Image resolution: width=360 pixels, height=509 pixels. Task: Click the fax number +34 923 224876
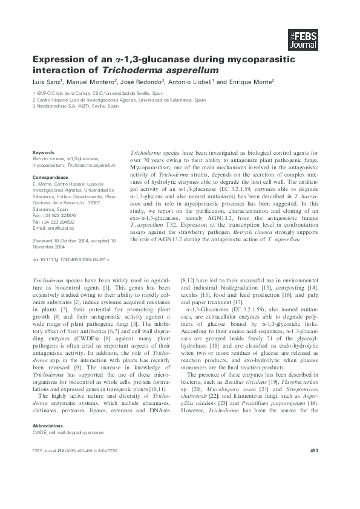(59, 216)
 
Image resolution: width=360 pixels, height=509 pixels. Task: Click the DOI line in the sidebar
(70, 258)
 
